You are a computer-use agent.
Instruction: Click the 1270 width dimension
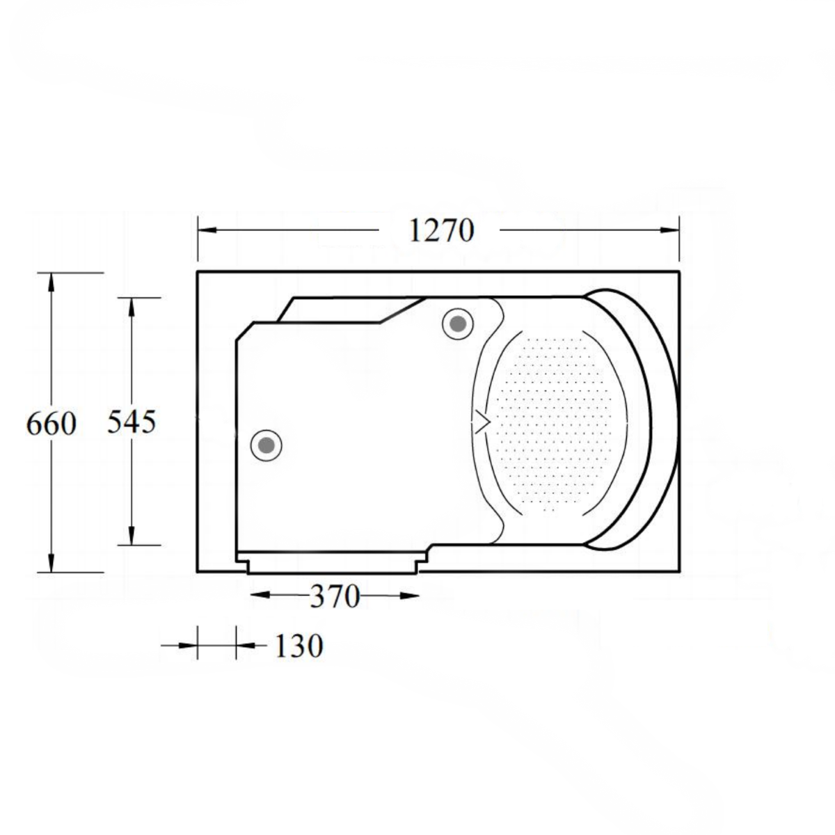click(x=440, y=230)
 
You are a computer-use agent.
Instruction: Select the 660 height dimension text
click(x=51, y=423)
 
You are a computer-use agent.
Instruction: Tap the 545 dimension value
click(x=132, y=421)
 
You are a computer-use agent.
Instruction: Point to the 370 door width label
click(x=334, y=596)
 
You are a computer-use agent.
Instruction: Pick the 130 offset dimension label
click(x=299, y=646)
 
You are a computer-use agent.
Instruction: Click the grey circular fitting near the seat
click(x=458, y=324)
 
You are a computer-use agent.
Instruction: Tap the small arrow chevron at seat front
click(x=482, y=422)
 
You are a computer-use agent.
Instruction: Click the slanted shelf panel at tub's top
click(x=348, y=310)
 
